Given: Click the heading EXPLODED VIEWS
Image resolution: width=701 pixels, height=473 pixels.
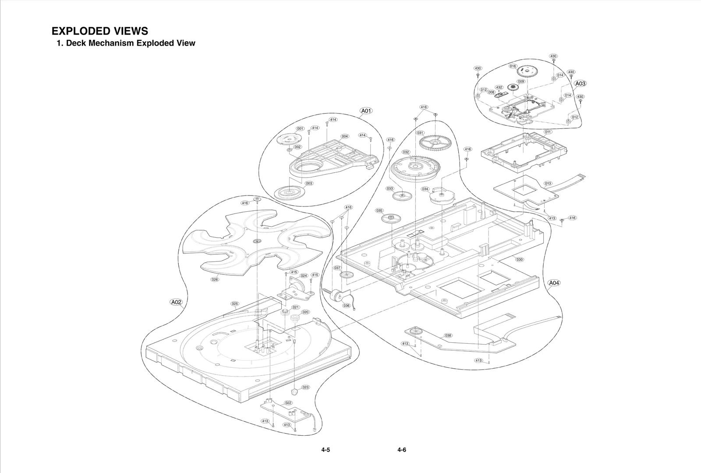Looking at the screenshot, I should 99,31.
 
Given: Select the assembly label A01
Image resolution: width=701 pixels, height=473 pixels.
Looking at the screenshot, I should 366,110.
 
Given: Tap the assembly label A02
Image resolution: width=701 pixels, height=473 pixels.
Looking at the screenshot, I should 176,302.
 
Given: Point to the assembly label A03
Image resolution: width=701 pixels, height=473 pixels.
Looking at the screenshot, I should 580,83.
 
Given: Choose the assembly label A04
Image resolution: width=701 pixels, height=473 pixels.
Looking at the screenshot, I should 554,283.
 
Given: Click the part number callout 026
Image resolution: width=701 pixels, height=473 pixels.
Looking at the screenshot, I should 215,279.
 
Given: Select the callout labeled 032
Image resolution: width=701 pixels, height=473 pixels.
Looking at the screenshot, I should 406,152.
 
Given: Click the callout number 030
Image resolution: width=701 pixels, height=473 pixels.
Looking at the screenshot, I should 519,260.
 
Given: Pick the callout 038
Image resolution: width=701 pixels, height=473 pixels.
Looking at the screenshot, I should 448,335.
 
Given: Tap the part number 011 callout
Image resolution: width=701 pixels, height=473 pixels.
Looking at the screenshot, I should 548,132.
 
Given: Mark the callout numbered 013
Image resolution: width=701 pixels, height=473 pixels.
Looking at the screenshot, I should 548,183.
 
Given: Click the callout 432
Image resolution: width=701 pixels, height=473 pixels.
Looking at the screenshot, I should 499,87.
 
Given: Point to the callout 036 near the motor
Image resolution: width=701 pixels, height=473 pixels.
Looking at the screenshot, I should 347,306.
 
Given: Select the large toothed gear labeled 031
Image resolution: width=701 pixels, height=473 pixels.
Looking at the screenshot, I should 435,143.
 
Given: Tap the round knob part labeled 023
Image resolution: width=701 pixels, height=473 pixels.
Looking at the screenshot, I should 295,391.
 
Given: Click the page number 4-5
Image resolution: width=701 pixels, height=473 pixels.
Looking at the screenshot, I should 325,450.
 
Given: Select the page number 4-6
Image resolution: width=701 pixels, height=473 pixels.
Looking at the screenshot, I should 402,450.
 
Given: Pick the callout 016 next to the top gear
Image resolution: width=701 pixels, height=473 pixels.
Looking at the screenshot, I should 513,66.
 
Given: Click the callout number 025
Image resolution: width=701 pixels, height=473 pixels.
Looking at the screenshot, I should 235,303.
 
